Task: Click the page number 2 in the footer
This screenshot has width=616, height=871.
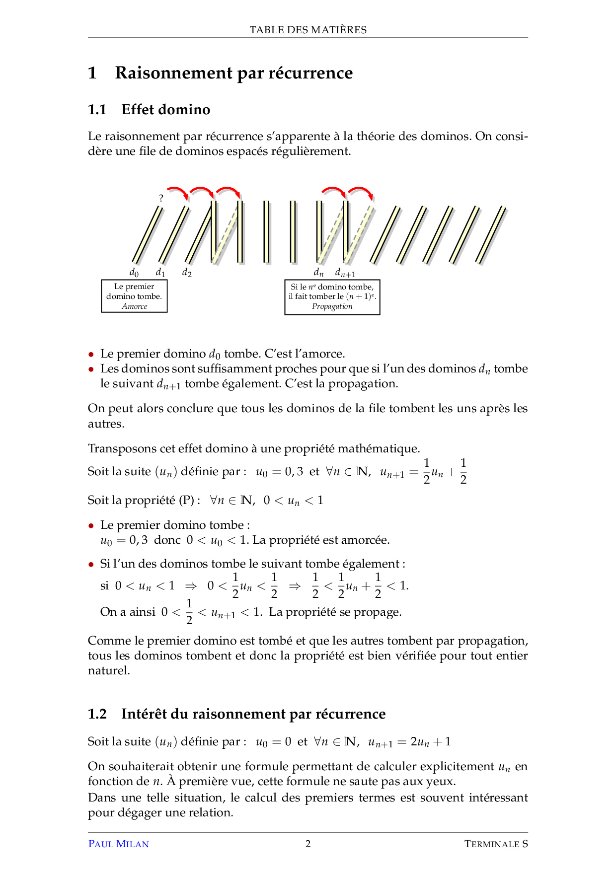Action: [308, 844]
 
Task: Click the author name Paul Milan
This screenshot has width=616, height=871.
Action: [118, 844]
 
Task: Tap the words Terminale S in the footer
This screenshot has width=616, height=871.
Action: [496, 844]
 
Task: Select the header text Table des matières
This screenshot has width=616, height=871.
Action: [308, 30]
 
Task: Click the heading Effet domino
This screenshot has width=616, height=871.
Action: [165, 109]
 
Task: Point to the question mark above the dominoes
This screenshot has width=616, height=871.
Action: [161, 198]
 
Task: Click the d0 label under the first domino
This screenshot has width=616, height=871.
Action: [134, 272]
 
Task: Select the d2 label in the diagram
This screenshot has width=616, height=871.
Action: [187, 272]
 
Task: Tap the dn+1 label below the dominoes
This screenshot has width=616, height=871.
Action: [345, 272]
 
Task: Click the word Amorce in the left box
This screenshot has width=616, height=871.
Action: [135, 306]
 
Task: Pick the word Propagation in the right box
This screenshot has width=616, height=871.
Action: [332, 306]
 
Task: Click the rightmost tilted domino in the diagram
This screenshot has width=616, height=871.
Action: [491, 234]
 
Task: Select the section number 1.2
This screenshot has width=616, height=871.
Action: [97, 714]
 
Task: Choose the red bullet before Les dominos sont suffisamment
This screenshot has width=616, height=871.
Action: [91, 369]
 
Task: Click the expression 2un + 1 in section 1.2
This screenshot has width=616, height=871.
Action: [431, 742]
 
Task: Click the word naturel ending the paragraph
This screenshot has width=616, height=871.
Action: [108, 671]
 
